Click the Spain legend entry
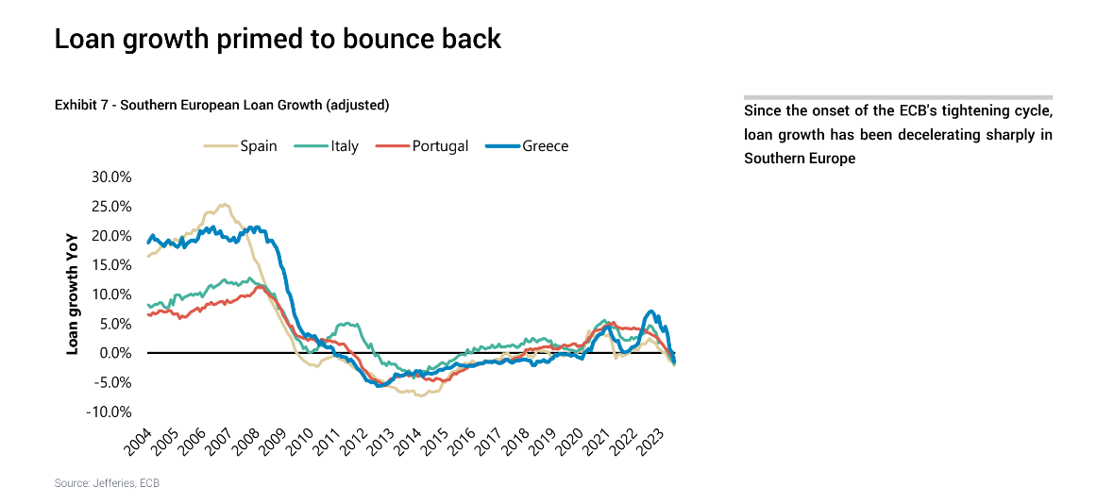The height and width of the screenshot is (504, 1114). (240, 146)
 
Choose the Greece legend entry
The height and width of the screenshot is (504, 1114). (527, 146)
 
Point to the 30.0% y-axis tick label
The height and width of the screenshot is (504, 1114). (111, 176)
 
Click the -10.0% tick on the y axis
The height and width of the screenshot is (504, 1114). (110, 412)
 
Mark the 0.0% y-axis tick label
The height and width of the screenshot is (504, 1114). (115, 353)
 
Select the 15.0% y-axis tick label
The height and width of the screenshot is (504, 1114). (111, 265)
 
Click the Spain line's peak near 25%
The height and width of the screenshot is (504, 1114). (224, 205)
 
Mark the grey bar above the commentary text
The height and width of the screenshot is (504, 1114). (898, 97)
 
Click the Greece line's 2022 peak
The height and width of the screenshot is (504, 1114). (650, 311)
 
